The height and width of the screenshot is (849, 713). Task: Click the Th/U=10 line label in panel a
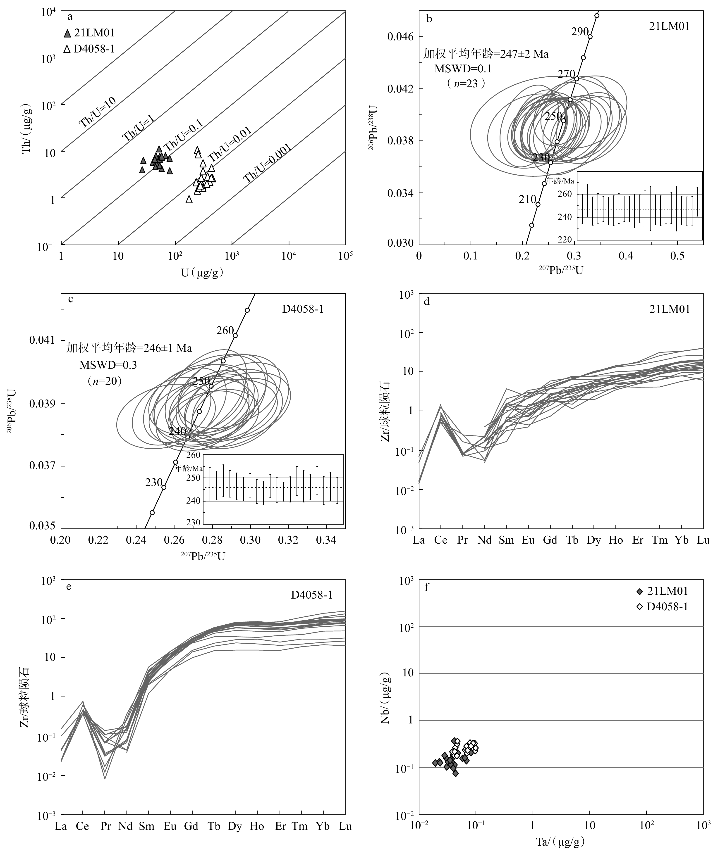pos(98,112)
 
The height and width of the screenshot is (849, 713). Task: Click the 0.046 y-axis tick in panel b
pos(400,37)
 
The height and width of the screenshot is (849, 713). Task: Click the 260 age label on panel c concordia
pos(225,330)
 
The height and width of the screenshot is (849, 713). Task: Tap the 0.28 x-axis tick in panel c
pos(213,540)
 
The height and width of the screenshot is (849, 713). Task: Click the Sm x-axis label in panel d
pos(506,540)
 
